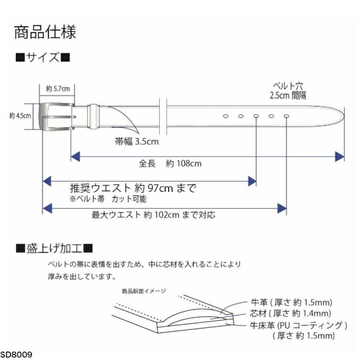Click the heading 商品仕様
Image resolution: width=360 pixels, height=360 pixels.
(45, 32)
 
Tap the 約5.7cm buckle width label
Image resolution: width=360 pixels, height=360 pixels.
(57, 89)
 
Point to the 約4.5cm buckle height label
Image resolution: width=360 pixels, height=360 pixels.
(20, 116)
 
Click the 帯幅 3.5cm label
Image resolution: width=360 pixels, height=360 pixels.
(136, 142)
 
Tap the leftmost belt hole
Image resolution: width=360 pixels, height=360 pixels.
(225, 116)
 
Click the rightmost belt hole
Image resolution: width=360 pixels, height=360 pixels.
(287, 116)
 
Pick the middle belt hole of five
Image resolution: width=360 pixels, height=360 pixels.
(256, 116)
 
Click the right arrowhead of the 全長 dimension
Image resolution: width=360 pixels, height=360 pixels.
(340, 157)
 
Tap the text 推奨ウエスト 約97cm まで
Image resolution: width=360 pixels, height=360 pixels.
(133, 188)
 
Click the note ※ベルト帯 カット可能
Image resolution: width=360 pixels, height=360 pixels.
(108, 199)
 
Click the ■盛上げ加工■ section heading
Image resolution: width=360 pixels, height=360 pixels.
(54, 247)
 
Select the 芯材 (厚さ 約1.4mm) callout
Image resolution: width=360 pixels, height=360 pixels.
(288, 313)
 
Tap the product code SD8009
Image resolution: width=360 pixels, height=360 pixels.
(16, 355)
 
